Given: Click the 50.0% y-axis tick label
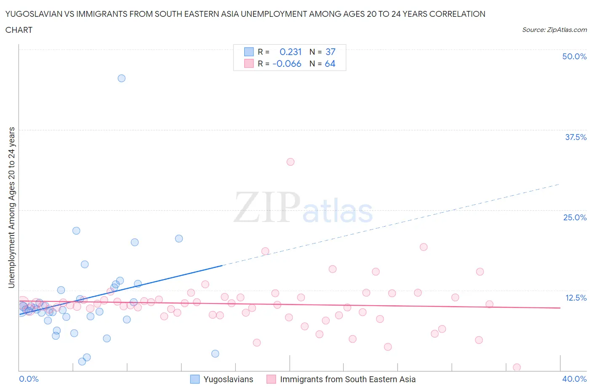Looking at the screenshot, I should point(574,56).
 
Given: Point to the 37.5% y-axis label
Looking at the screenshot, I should point(575,137).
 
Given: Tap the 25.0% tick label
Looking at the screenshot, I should point(574,217).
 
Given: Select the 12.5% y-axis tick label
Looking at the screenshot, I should point(575,298).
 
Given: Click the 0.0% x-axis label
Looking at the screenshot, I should point(29,379).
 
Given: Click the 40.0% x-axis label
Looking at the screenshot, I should point(574,379).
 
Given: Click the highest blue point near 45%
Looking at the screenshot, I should point(121,78).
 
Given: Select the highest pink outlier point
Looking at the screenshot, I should point(290,162).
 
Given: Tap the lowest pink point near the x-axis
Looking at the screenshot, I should point(517,367).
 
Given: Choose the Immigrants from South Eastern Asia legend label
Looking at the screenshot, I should point(347,379).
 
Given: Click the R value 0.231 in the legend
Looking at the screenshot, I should point(291,52).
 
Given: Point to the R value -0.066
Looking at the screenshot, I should point(287,63).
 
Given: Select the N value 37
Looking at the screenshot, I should point(330,52).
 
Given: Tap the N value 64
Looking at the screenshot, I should point(330,63).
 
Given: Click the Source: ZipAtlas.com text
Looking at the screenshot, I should point(554,30).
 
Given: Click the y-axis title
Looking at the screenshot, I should point(11,208).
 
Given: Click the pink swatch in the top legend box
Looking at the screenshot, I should point(249,63).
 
